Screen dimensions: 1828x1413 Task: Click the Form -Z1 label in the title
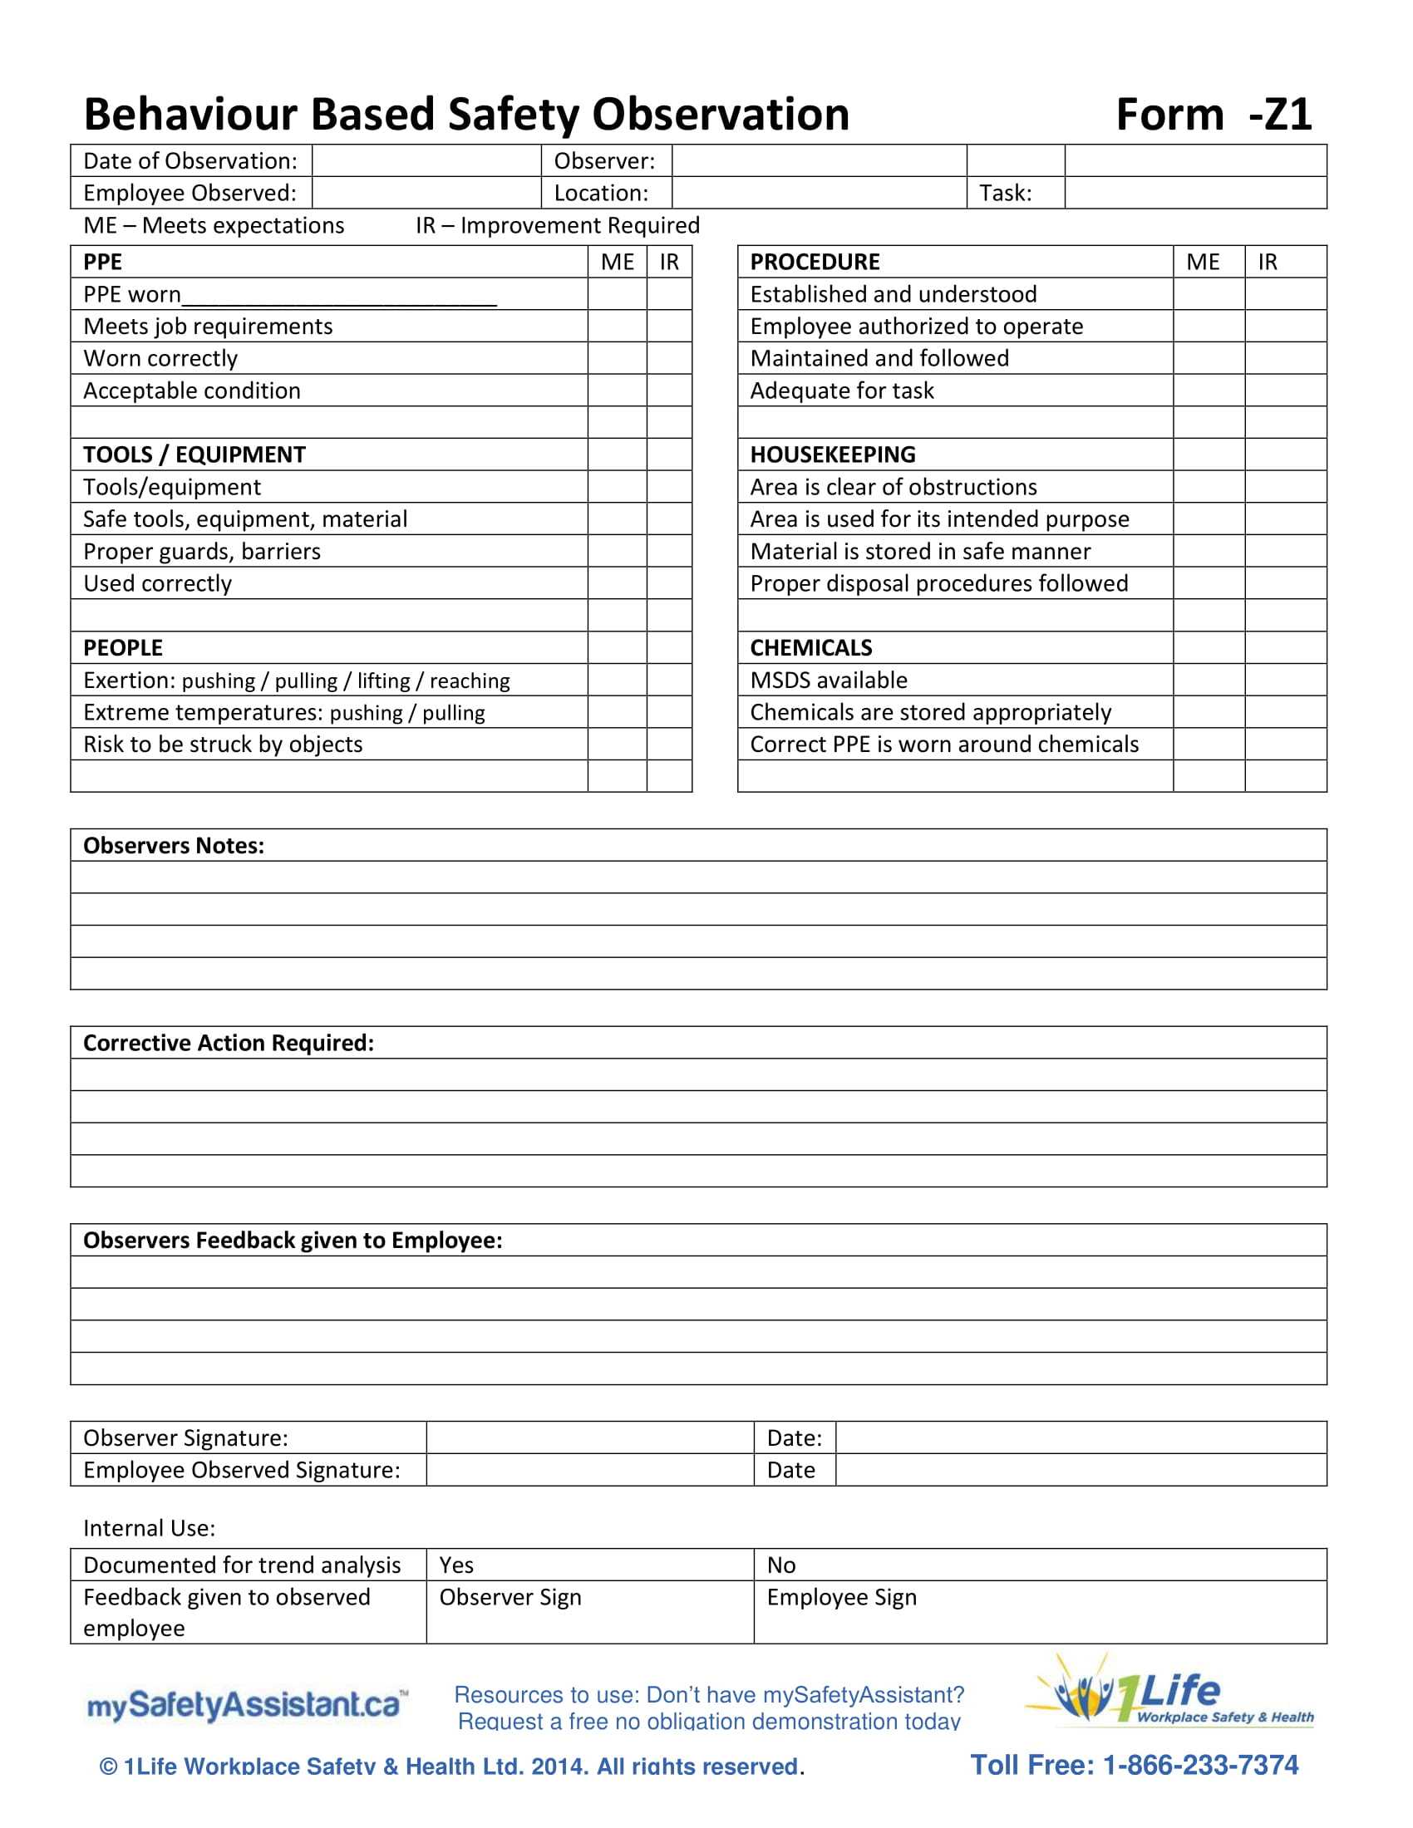click(1213, 115)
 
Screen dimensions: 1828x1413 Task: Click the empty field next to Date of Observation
click(426, 160)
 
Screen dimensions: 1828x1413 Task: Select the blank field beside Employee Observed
click(426, 194)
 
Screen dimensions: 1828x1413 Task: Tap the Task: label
click(1006, 194)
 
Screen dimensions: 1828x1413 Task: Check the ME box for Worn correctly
click(617, 358)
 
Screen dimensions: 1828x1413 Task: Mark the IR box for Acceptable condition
click(669, 391)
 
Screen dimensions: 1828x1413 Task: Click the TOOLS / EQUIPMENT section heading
click(194, 455)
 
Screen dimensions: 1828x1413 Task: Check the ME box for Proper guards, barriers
click(617, 552)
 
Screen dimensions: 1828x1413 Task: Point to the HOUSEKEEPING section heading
click(832, 455)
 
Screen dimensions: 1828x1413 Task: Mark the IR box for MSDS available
click(1285, 681)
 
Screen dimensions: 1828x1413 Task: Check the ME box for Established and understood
click(1208, 295)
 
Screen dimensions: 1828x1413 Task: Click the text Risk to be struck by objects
click(223, 745)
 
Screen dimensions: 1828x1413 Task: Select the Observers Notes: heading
click(173, 845)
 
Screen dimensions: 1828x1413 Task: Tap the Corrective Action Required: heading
click(229, 1043)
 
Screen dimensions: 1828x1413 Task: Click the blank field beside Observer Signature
click(589, 1438)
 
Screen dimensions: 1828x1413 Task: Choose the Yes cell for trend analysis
click(589, 1565)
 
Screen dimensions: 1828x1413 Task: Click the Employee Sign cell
click(1039, 1612)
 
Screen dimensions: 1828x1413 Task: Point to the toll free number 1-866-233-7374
click(1134, 1765)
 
